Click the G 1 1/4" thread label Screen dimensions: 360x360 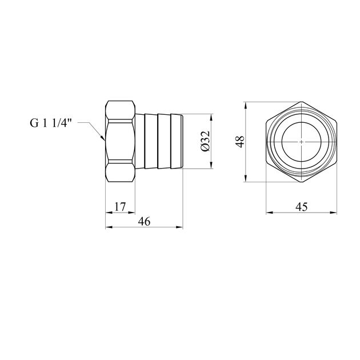51,123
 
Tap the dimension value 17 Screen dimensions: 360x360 120,207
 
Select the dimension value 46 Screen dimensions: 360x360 144,222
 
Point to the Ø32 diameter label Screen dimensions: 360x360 205,141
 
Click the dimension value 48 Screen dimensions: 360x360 240,142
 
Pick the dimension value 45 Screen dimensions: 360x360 301,207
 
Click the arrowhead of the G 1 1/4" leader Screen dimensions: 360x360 103,138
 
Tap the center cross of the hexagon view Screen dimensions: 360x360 301,142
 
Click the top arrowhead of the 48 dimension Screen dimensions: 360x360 246,105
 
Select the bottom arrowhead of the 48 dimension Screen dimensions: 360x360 246,178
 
